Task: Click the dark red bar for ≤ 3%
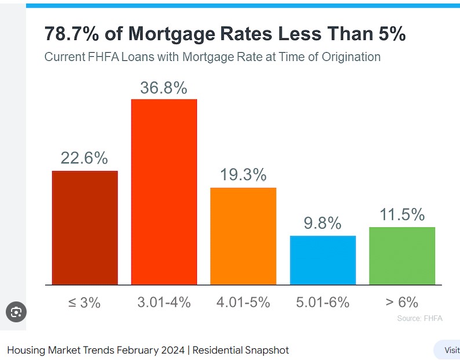point(85,227)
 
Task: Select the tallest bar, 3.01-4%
point(164,192)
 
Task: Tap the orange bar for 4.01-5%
point(243,236)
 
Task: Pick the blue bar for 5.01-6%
point(323,260)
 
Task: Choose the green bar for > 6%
point(401,256)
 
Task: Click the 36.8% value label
point(163,88)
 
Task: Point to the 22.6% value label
point(85,158)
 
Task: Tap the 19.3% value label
point(243,175)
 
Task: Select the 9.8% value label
point(323,223)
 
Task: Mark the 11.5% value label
point(402,214)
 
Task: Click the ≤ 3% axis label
point(85,302)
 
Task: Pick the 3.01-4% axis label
point(164,302)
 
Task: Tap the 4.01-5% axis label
point(243,302)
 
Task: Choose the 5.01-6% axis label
point(323,302)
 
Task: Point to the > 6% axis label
point(402,302)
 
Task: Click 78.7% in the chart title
point(71,34)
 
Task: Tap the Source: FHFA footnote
point(419,318)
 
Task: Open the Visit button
point(451,350)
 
